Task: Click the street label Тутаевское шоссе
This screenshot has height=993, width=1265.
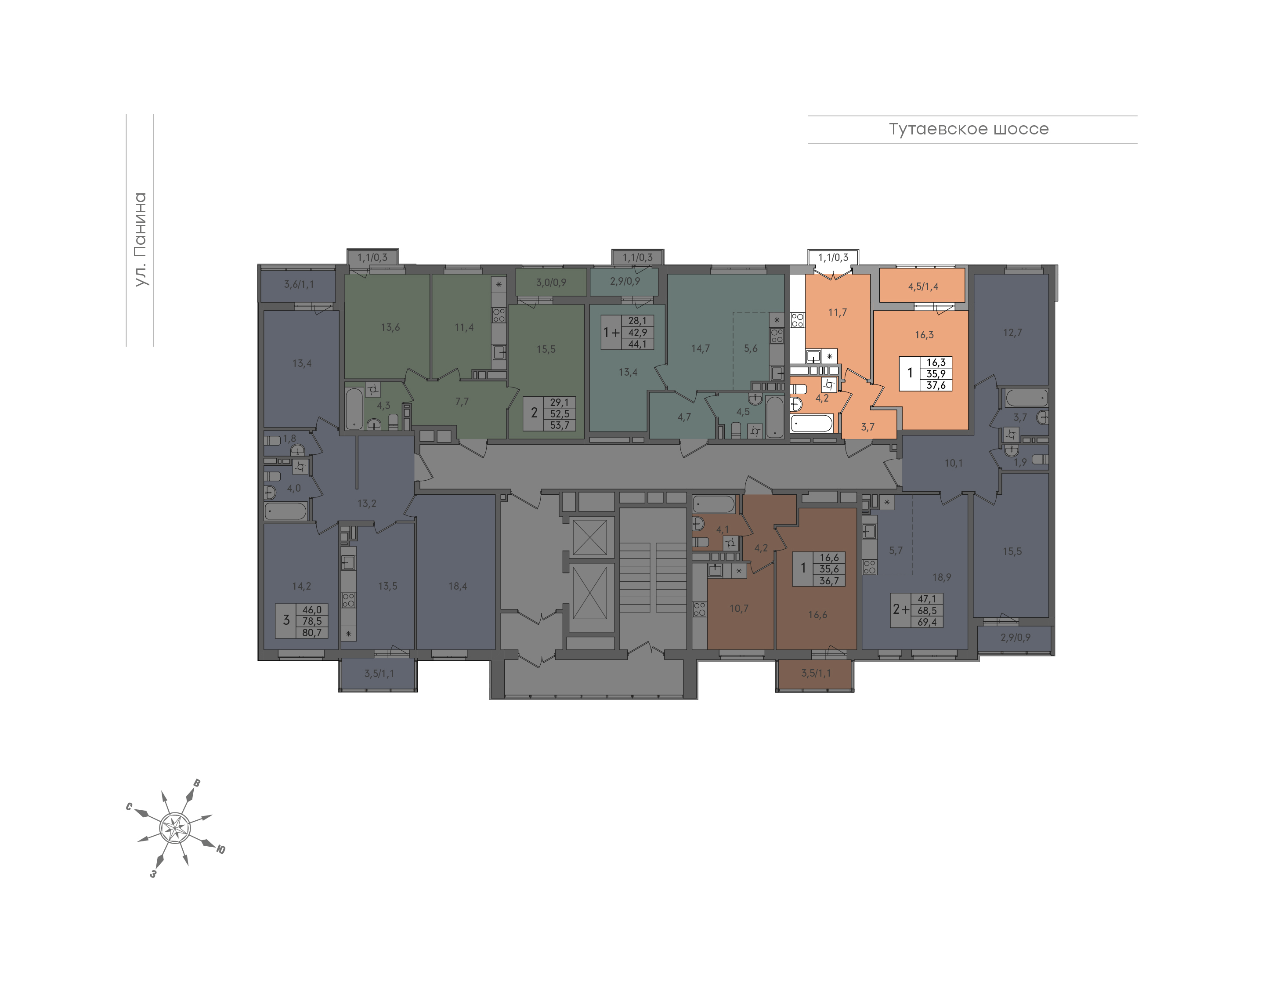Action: coord(968,129)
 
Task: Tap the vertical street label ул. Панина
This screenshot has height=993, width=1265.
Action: coord(140,239)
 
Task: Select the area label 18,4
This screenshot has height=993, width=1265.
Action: coord(457,586)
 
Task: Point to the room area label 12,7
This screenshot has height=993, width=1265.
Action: coord(1012,333)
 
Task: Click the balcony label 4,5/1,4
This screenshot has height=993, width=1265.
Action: coord(923,286)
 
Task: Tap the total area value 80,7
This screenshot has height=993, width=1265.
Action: coord(312,633)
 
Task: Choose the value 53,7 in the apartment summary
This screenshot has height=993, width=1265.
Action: coord(560,425)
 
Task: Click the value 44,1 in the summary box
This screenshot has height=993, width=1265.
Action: coord(637,344)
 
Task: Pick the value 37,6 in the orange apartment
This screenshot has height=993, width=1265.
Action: coord(936,385)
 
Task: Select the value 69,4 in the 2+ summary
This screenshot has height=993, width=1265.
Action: coord(927,621)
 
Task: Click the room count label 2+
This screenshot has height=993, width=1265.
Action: coord(901,609)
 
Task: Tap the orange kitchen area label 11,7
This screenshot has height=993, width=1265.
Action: coord(837,312)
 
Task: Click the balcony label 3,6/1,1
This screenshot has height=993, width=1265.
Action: coord(299,284)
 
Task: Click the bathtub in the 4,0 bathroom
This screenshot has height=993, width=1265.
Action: coord(286,511)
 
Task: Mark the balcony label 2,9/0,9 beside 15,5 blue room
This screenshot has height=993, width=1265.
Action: coord(1015,637)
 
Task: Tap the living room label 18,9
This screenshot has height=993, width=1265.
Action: coord(941,577)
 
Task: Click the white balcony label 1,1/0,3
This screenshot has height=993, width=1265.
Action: coord(833,257)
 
